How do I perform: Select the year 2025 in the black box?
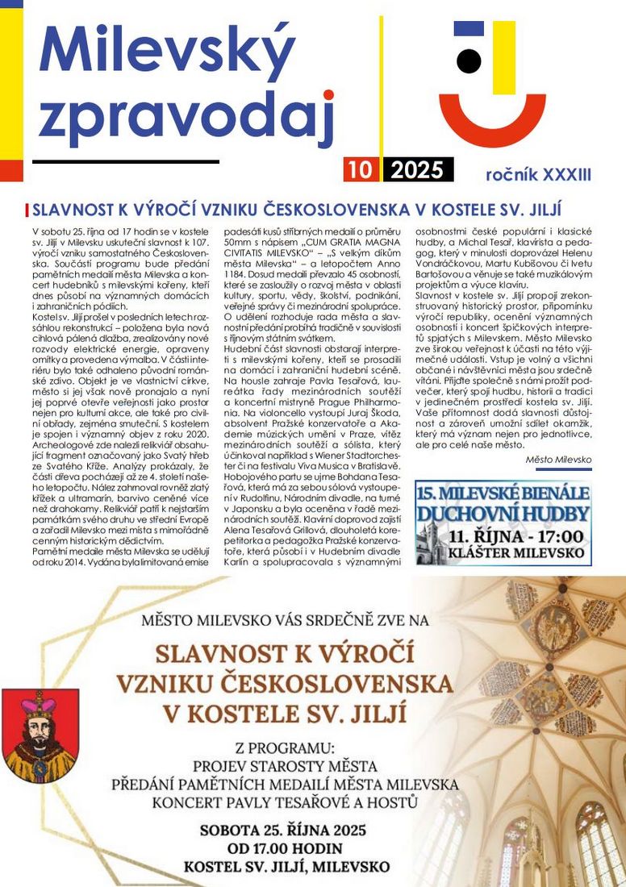coord(416,169)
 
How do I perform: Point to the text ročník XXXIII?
coord(538,173)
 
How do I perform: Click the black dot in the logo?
coord(469,60)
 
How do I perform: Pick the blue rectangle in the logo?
coord(469,29)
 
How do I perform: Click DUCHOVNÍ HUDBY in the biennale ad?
coord(503,514)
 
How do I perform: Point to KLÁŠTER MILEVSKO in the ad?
coord(516,555)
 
